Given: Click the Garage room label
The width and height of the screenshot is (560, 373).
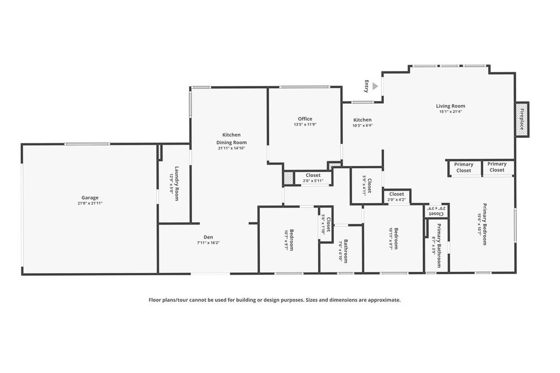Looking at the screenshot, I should [x=90, y=198].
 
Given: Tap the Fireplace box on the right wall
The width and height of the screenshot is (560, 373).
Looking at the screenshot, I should [x=522, y=119].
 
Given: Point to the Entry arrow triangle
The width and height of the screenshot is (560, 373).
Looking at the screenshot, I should [x=375, y=86].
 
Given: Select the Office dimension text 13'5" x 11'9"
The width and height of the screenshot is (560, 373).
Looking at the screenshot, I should [x=305, y=125].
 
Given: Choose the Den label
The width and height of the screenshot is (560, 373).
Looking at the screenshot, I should [x=208, y=237].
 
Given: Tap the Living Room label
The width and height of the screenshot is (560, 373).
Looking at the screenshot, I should [x=451, y=106].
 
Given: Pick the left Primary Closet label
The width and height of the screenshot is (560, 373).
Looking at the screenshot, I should [x=464, y=167].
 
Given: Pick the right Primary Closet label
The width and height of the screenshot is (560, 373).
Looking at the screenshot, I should [x=497, y=167].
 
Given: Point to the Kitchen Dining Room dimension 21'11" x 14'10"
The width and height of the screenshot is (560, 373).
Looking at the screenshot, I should [x=231, y=148].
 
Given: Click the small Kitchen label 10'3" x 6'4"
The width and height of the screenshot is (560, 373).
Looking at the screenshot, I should [x=362, y=120].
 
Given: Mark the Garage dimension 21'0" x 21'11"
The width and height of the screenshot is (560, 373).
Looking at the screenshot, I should [x=90, y=203].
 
